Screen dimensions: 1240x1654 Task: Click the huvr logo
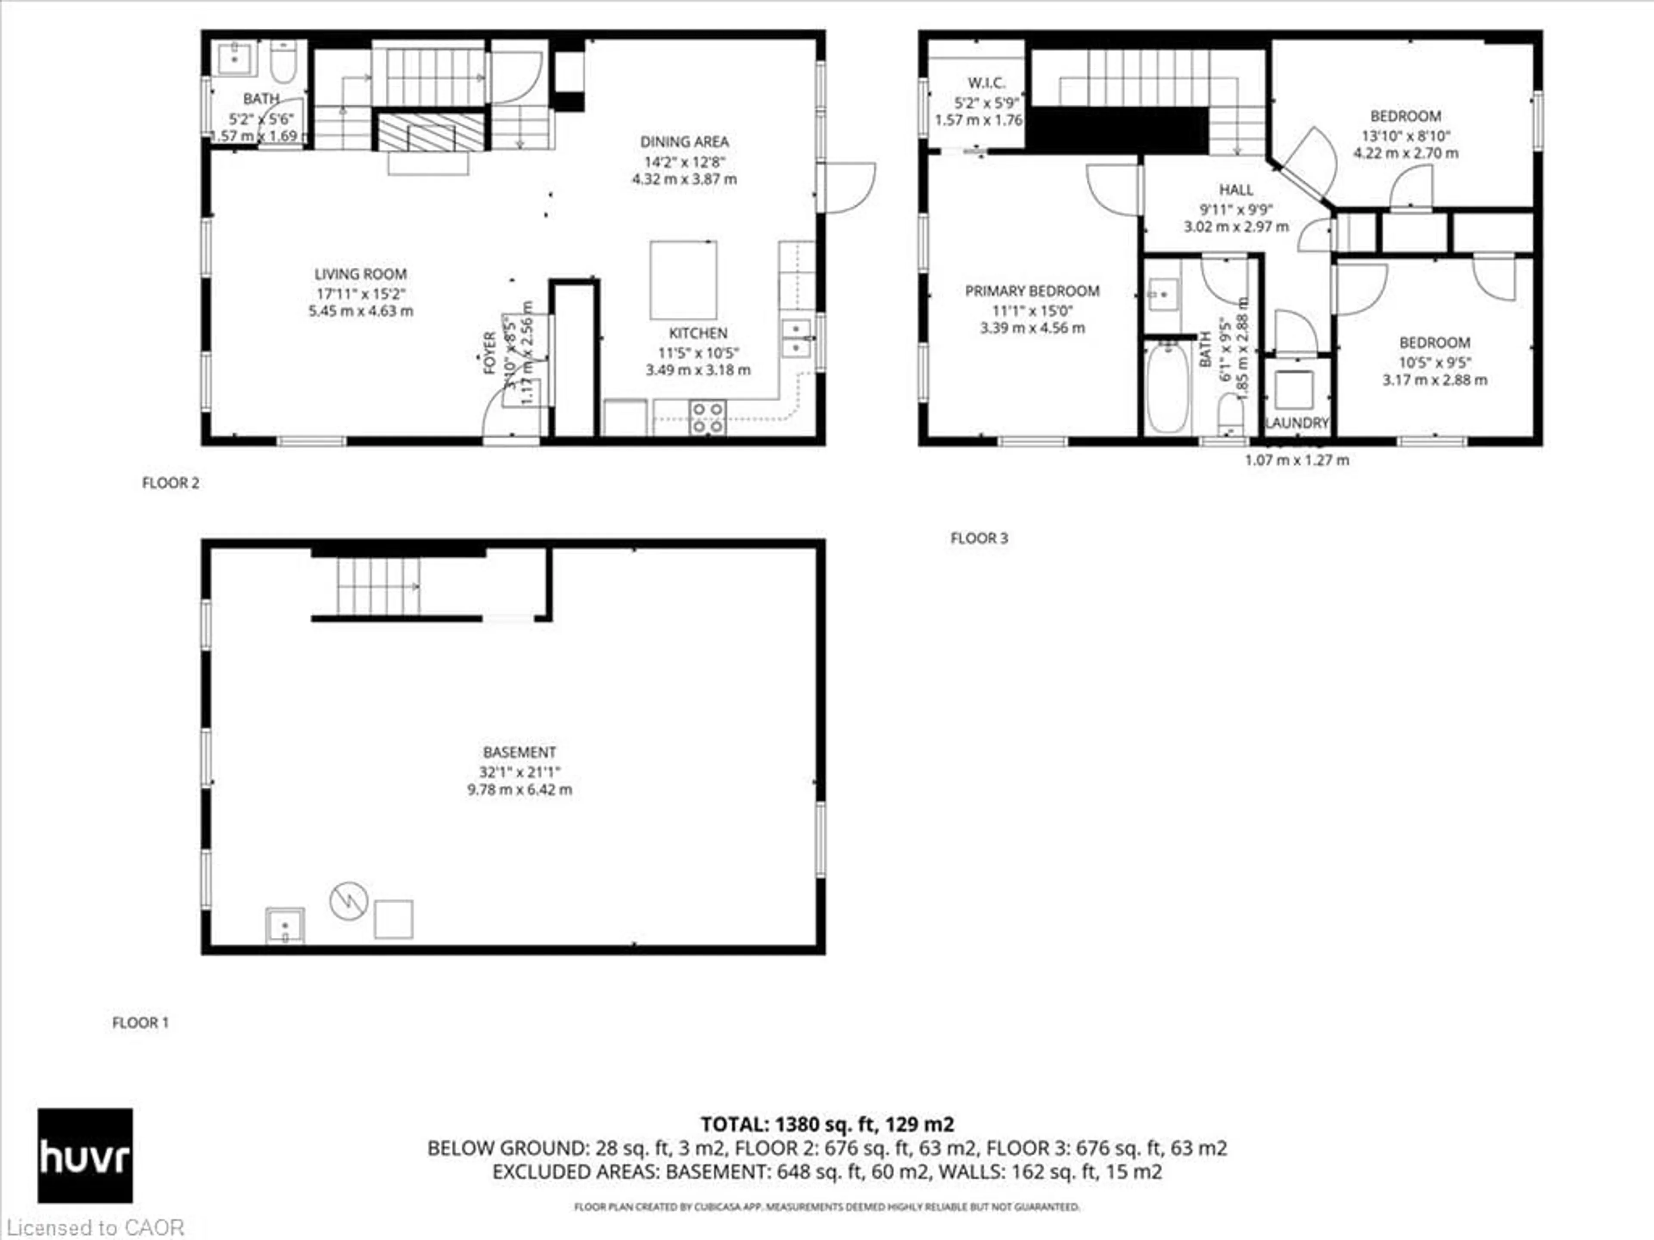point(85,1156)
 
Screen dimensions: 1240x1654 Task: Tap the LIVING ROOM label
point(361,274)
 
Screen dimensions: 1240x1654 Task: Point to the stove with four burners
point(707,418)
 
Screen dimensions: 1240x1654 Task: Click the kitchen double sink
point(796,338)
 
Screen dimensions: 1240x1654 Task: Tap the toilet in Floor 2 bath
point(283,62)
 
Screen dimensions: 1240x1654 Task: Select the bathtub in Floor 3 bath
point(1167,387)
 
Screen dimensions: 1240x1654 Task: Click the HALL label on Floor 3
point(1236,190)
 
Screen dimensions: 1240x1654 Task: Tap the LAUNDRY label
point(1296,423)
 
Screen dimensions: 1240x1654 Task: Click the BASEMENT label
point(519,752)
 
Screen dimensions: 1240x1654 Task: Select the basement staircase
point(378,586)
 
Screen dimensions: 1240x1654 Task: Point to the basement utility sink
point(285,925)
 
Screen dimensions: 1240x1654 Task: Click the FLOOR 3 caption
point(979,538)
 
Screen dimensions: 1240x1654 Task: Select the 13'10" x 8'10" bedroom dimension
point(1405,136)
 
